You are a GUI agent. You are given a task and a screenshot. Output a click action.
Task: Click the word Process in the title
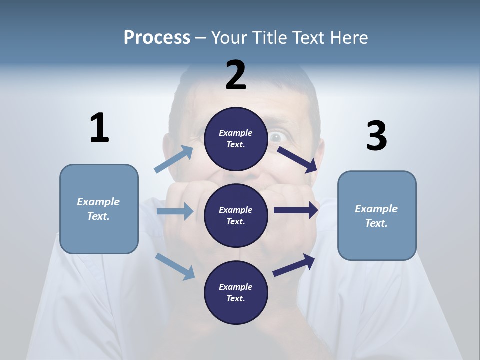coord(157,37)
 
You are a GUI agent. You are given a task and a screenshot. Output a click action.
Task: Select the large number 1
coord(99,128)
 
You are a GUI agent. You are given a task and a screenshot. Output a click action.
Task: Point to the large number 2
coord(236,75)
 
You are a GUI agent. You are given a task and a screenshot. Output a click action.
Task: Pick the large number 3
coord(376,136)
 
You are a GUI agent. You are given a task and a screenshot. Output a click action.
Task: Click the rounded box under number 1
coord(99,209)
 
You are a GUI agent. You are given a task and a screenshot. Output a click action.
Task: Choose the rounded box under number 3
coord(377,216)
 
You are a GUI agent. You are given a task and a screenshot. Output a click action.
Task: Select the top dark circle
coord(236,139)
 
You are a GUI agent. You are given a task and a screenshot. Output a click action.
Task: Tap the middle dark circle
coord(236,215)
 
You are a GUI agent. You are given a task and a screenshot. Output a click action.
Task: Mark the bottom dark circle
coord(236,292)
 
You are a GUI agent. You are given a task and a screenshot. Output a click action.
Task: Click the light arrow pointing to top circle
coord(174,159)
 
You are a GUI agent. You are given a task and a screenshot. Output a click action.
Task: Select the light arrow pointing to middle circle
coord(175,211)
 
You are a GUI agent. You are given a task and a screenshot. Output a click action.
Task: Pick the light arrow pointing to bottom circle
coord(175,266)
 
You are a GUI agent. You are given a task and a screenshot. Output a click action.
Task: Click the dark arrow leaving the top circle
coord(297,159)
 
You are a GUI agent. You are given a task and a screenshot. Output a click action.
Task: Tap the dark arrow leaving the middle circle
coord(296,210)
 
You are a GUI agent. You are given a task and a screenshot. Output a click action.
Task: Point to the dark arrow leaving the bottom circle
coord(294,265)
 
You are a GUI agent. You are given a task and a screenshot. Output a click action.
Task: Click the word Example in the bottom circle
coord(235,287)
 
